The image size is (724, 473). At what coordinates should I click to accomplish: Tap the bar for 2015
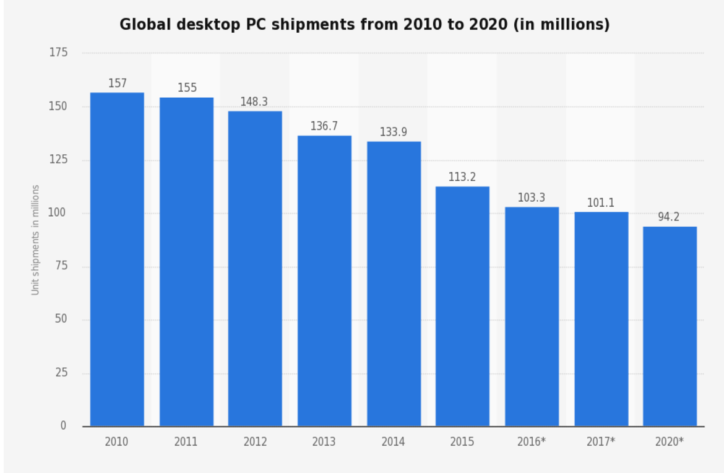(x=462, y=306)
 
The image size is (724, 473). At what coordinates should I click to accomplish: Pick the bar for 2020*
(x=670, y=326)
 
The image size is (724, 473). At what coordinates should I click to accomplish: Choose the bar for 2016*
(x=532, y=316)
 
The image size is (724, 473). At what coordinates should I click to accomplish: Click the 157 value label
(x=118, y=84)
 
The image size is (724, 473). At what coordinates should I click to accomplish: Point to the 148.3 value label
(x=254, y=102)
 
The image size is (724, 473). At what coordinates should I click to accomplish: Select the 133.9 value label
(x=393, y=132)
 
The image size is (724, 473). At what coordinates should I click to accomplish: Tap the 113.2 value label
(x=462, y=177)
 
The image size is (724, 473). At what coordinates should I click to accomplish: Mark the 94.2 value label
(x=669, y=217)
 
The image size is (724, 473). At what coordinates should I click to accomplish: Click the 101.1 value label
(x=600, y=203)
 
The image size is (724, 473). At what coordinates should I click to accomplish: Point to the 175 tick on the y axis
(x=58, y=53)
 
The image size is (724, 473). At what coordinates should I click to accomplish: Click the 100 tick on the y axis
(x=58, y=214)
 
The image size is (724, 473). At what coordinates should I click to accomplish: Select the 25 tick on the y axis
(x=61, y=373)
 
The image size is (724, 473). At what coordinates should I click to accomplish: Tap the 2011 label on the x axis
(x=186, y=442)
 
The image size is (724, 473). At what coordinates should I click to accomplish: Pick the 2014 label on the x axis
(x=393, y=442)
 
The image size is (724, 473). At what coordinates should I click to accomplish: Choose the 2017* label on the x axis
(x=601, y=442)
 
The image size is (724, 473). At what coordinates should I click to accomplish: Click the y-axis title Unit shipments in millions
(x=36, y=240)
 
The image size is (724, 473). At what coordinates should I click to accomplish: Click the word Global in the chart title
(x=142, y=25)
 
